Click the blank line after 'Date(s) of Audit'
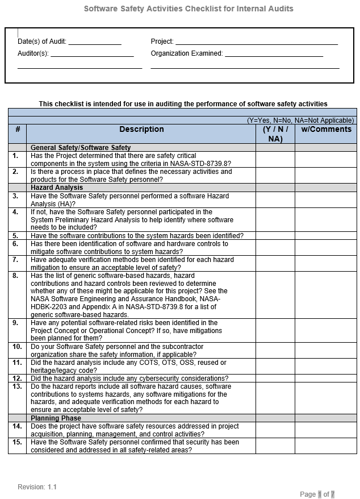(95, 42)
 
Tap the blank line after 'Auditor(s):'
(92, 54)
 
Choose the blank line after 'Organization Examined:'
(274, 54)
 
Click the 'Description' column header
(141, 130)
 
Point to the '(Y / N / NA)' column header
(275, 134)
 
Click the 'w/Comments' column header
(326, 130)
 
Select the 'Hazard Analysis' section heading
(57, 188)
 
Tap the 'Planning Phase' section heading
(56, 418)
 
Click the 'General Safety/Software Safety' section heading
(81, 148)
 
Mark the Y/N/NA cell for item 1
(275, 160)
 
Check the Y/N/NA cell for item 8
(275, 295)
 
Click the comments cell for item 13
(326, 398)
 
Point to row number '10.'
(18, 347)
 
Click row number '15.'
(18, 442)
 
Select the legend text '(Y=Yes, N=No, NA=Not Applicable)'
(300, 120)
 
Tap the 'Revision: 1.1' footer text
(37, 487)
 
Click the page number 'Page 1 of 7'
(317, 494)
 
